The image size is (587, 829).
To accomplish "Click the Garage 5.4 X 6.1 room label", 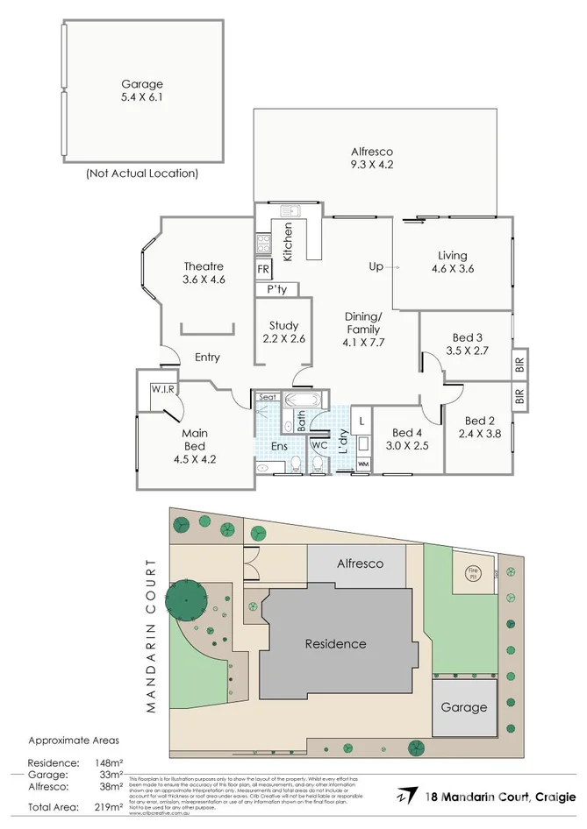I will (142, 91).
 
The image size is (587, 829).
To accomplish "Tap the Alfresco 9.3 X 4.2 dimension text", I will (371, 165).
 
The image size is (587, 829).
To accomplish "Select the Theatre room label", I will (204, 266).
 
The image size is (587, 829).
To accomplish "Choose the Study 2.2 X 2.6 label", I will (284, 332).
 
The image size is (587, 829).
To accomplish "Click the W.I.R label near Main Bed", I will (161, 389).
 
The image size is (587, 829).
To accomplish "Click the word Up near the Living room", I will (376, 266).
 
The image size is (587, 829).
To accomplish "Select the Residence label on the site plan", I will (335, 643).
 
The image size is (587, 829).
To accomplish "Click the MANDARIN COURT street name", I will (152, 635).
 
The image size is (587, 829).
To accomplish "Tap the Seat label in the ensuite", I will (268, 398).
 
